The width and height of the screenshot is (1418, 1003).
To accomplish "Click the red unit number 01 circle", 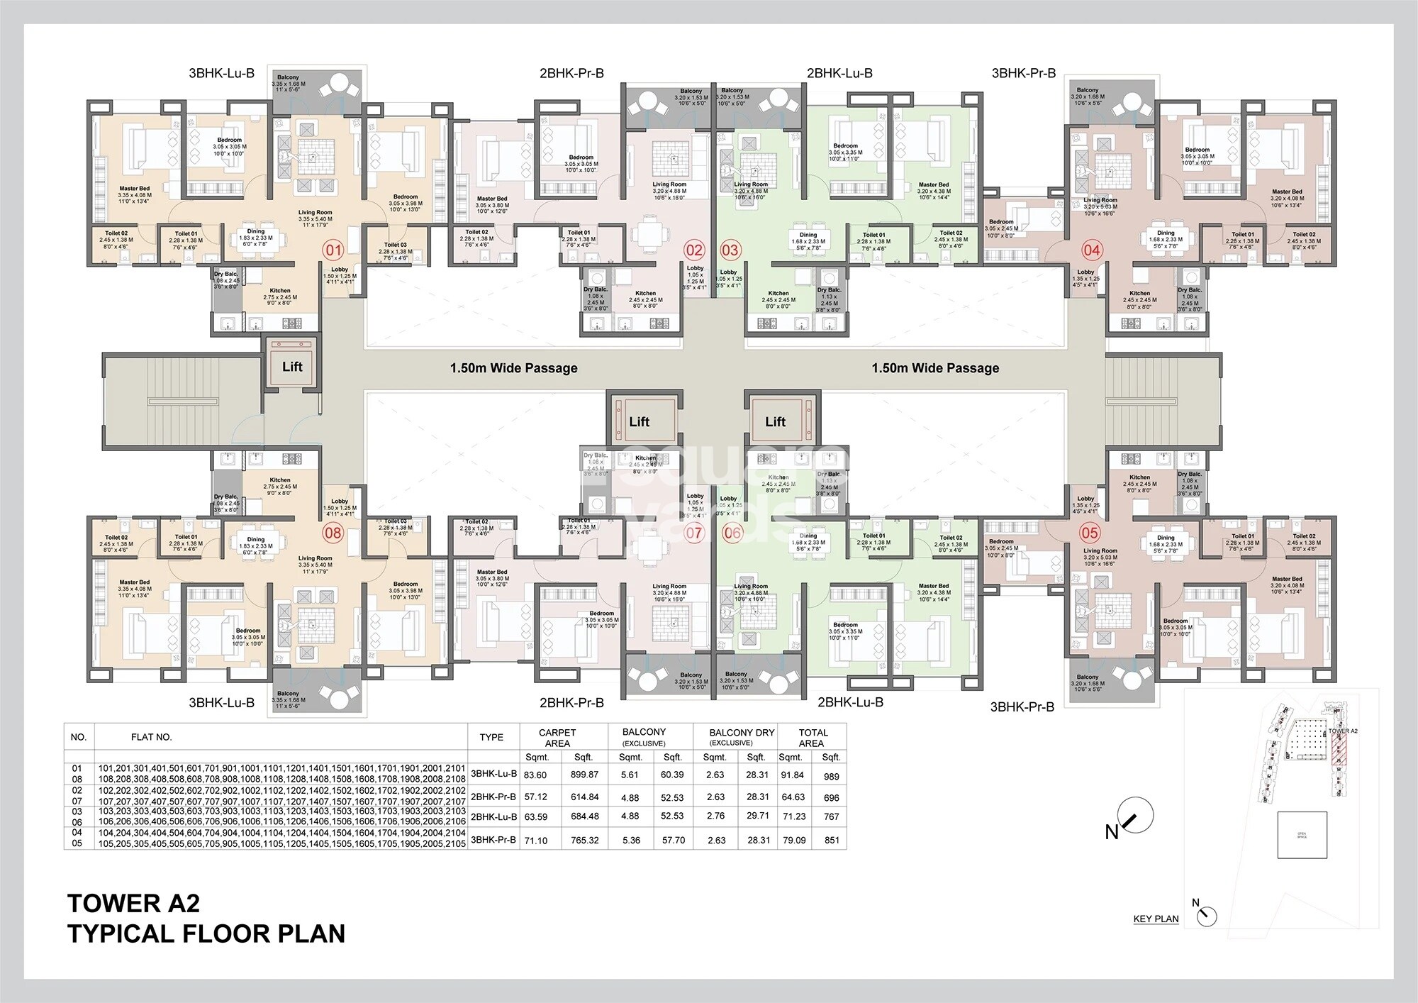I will point(333,250).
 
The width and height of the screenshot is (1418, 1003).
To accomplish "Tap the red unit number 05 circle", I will point(1089,533).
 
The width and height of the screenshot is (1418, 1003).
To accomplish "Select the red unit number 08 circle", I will point(333,532).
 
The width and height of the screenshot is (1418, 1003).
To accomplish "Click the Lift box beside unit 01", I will point(292,367).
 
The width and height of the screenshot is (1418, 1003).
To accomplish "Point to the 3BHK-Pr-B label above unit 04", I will point(1023,73).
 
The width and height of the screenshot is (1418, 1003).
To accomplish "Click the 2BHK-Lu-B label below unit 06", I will point(850,702).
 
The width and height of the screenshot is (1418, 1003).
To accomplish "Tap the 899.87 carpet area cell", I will point(585,775).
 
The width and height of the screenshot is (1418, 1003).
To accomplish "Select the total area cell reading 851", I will point(832,840).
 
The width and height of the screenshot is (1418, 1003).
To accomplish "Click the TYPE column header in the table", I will point(491,737).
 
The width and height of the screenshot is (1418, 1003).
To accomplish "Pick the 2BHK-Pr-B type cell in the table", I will point(493,797).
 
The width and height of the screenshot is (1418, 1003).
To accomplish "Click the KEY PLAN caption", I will point(1156,919).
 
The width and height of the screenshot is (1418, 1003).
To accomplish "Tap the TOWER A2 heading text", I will point(133,903).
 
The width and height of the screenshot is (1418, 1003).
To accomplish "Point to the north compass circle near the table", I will point(1134,816).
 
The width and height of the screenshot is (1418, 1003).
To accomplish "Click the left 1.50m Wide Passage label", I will point(513,368).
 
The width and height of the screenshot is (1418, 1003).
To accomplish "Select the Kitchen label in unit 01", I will point(280,291).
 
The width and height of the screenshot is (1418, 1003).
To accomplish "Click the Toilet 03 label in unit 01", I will point(395,245).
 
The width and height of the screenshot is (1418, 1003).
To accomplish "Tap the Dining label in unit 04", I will point(1166,233).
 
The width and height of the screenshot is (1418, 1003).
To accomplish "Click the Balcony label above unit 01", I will point(288,77).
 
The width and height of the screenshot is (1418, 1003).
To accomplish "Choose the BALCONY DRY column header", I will point(742,733).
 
